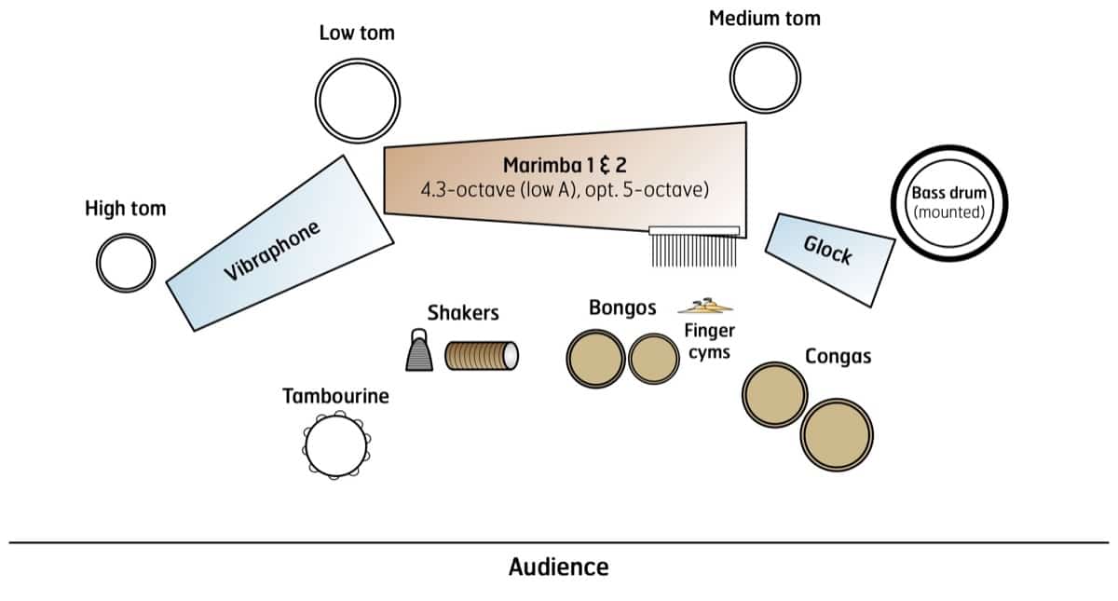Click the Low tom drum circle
click(x=358, y=98)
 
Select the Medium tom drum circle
click(x=765, y=78)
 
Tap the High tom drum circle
click(x=126, y=263)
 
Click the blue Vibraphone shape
click(x=279, y=244)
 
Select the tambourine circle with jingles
click(x=334, y=447)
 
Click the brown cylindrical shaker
click(x=481, y=355)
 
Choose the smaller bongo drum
click(x=653, y=360)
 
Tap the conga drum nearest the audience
click(x=837, y=435)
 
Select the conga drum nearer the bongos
click(x=775, y=394)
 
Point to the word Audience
click(x=558, y=567)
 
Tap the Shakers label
click(x=463, y=313)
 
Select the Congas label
click(x=838, y=357)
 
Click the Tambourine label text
click(x=335, y=397)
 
